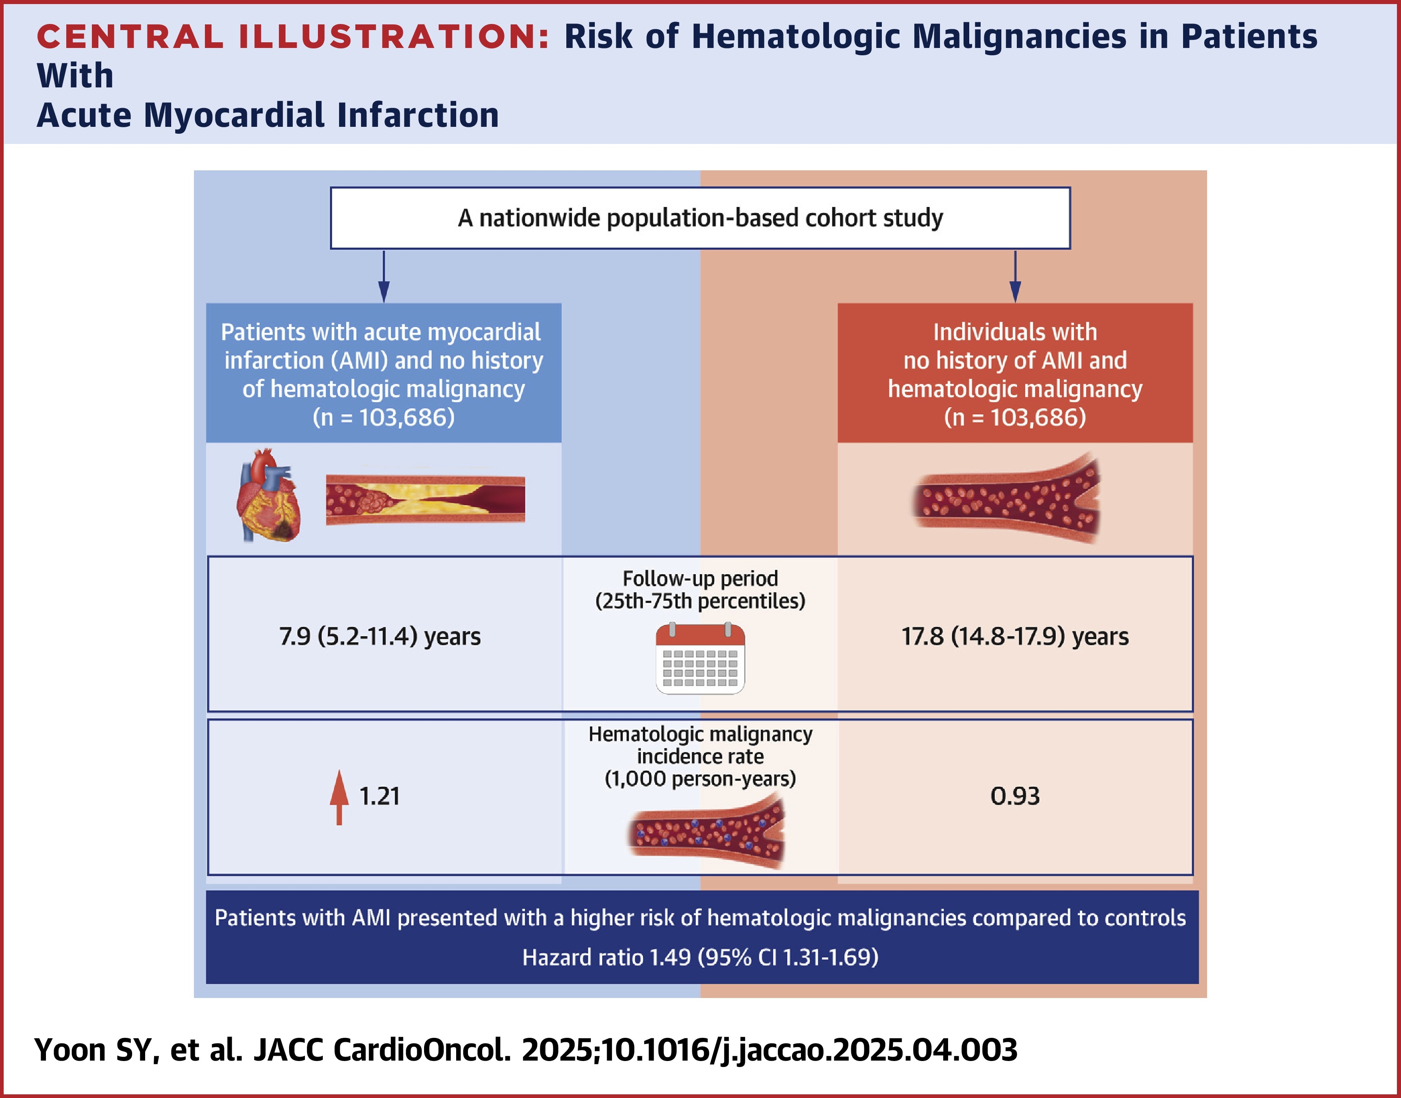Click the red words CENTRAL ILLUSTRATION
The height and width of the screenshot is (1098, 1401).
coord(293,37)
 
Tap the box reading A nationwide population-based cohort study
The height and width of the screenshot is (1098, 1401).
coord(700,218)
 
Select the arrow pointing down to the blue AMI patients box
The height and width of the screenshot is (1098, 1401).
coord(384,276)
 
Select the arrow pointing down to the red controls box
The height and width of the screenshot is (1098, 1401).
coord(1015,276)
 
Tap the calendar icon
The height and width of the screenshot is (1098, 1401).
coord(700,658)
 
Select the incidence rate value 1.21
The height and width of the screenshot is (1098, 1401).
coord(379,796)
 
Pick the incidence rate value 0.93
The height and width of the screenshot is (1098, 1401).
coord(1015,796)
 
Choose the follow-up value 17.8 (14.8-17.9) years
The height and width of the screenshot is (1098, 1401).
coord(1015,637)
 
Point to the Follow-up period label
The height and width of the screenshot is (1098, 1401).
coord(700,578)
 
